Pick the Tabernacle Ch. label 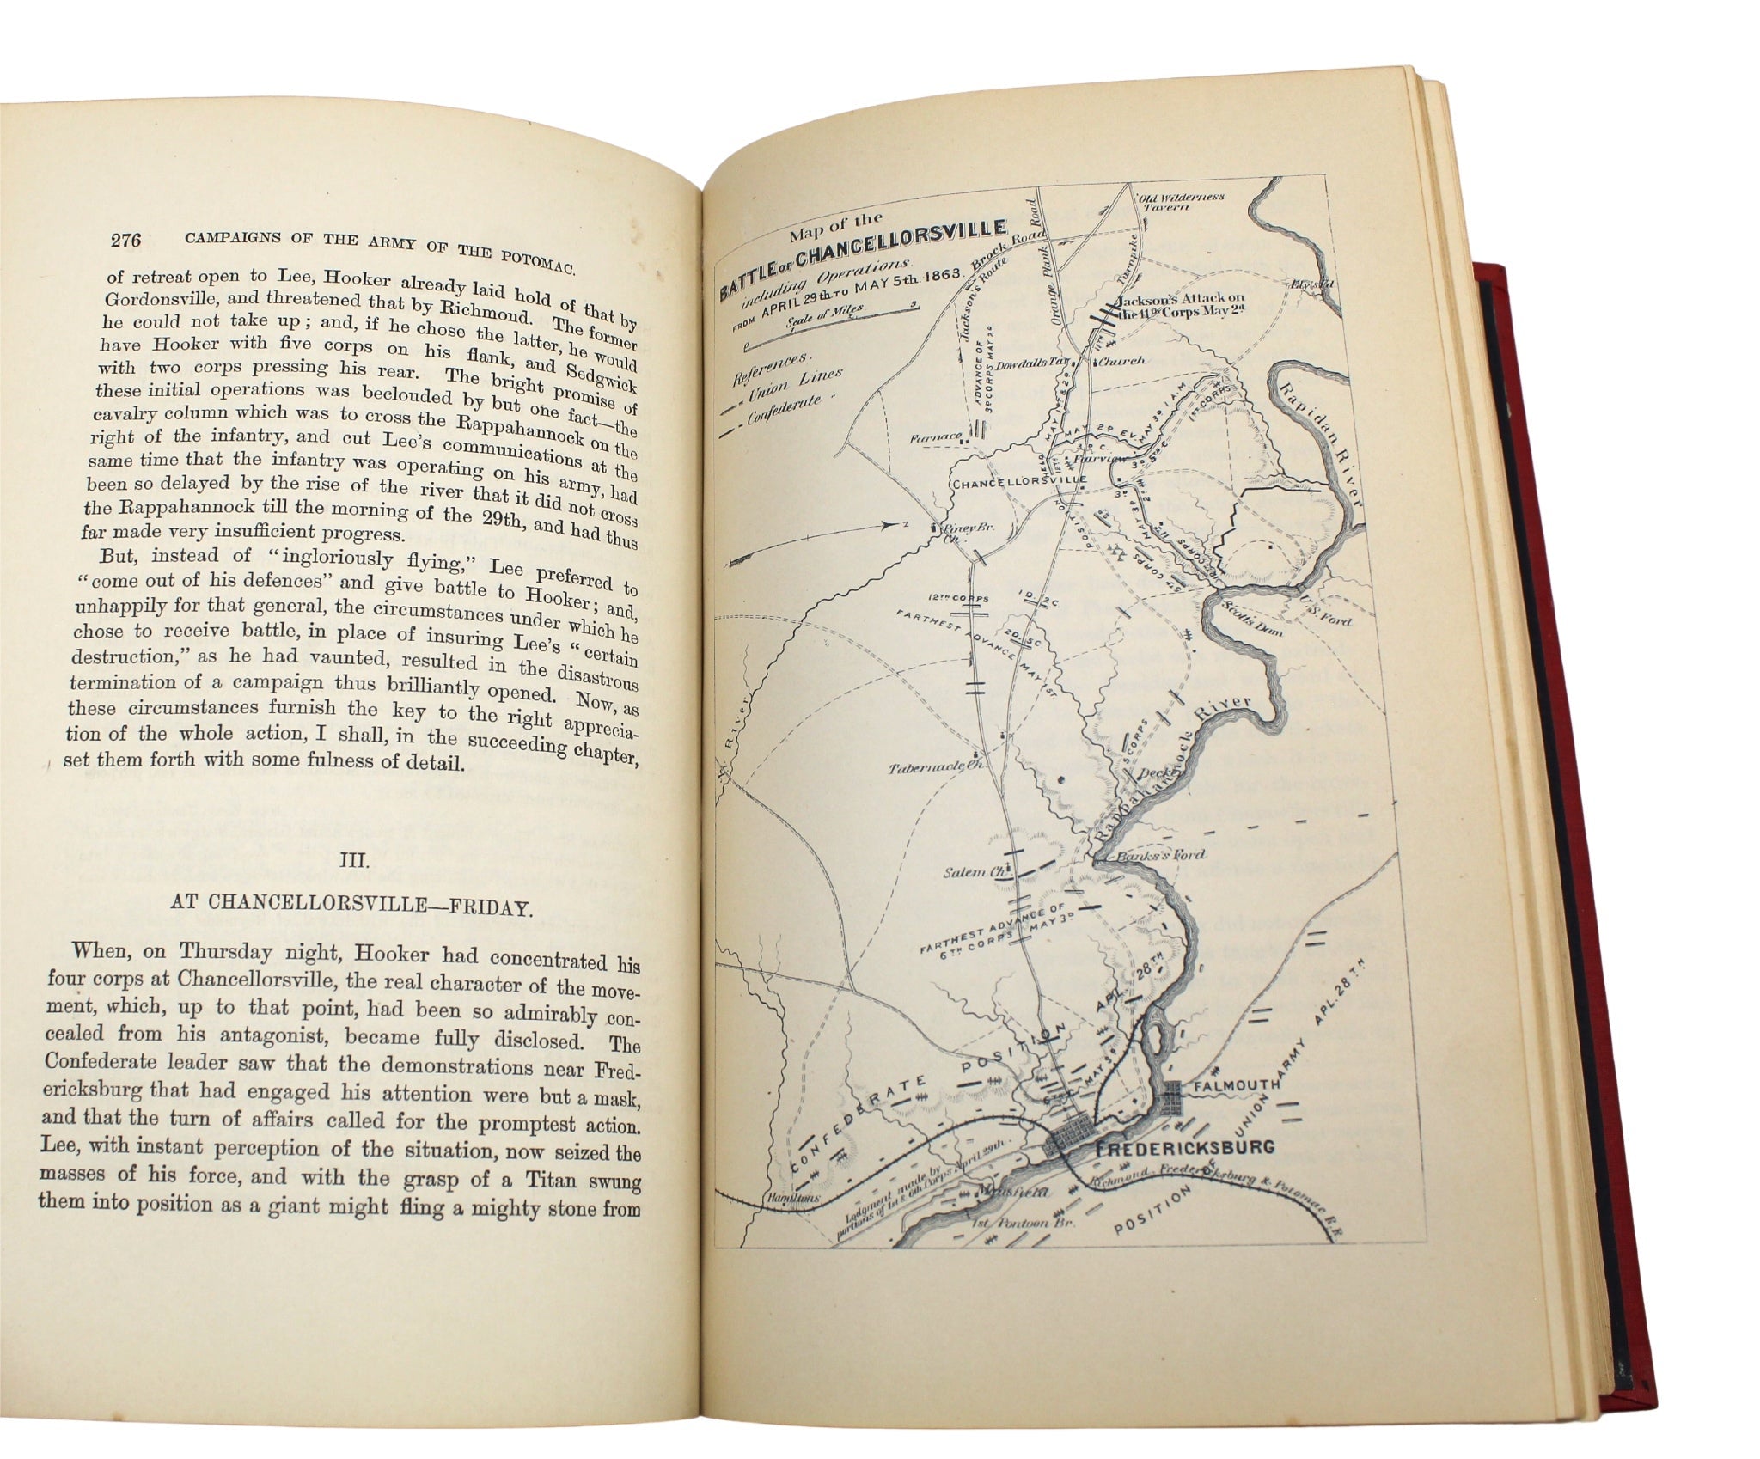938,766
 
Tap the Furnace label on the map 936,436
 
